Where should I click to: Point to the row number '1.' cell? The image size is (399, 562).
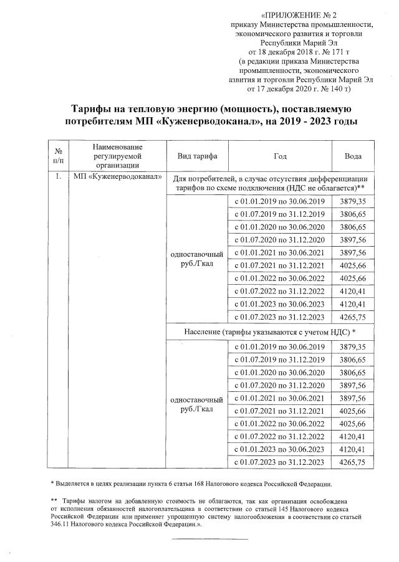58,177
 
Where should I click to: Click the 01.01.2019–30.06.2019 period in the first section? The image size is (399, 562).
279,201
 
